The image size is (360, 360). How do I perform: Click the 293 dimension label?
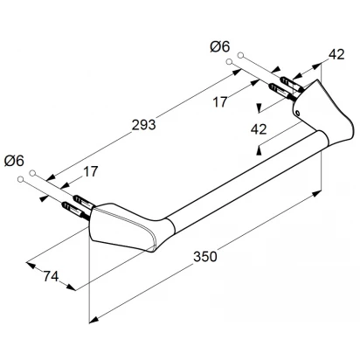pyautogui.click(x=144, y=125)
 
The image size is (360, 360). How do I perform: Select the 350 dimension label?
pyautogui.click(x=205, y=257)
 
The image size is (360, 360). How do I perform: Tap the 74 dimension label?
pyautogui.click(x=51, y=276)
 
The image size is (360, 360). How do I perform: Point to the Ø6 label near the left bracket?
pyautogui.click(x=14, y=161)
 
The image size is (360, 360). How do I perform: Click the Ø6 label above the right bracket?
pyautogui.click(x=220, y=46)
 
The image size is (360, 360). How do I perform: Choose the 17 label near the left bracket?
pyautogui.click(x=91, y=171)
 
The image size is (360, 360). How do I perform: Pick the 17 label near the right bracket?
pyautogui.click(x=219, y=102)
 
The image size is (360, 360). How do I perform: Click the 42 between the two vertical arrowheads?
pyautogui.click(x=259, y=129)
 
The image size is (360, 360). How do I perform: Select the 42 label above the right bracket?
pyautogui.click(x=336, y=54)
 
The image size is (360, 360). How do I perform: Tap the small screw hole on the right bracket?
pyautogui.click(x=297, y=113)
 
